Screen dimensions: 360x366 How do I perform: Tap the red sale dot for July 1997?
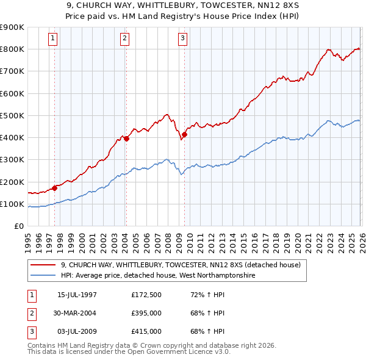(x=55, y=188)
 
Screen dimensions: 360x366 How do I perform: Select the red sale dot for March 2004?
(x=126, y=139)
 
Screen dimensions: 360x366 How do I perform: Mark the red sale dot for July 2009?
(x=184, y=134)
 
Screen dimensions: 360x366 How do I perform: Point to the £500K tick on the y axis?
(x=12, y=115)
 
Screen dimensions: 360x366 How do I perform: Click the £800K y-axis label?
(x=12, y=49)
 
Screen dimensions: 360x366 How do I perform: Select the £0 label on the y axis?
(x=18, y=226)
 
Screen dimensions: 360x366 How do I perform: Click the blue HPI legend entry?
(x=159, y=276)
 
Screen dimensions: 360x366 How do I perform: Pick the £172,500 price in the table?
(x=146, y=295)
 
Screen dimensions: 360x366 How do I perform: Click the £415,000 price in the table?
(x=146, y=331)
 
